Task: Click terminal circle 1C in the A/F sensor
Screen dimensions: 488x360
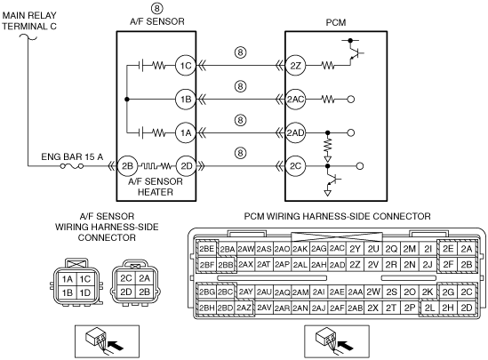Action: [186, 66]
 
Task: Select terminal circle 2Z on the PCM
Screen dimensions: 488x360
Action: [295, 66]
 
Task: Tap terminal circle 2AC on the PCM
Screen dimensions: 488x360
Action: [295, 100]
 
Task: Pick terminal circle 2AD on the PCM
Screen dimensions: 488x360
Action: [295, 132]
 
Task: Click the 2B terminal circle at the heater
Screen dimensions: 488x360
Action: [127, 166]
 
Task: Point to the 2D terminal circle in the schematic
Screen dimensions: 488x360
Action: [186, 166]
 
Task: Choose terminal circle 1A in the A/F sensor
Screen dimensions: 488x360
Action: [186, 132]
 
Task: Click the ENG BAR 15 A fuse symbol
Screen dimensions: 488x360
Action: [72, 166]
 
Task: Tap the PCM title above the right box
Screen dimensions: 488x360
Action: [336, 22]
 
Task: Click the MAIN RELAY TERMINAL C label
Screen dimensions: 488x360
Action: [29, 20]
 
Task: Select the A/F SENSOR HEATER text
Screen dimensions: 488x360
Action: [156, 187]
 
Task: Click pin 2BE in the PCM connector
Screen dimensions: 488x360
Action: [206, 249]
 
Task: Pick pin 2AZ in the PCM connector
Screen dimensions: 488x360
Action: [244, 308]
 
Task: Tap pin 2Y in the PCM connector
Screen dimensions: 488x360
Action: [355, 249]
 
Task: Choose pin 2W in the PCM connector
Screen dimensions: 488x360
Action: [372, 292]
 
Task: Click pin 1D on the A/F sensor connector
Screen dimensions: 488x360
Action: [84, 292]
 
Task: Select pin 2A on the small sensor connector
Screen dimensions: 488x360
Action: [144, 278]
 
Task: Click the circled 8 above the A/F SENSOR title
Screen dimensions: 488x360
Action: [156, 8]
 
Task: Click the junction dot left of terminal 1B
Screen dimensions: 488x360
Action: [127, 100]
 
